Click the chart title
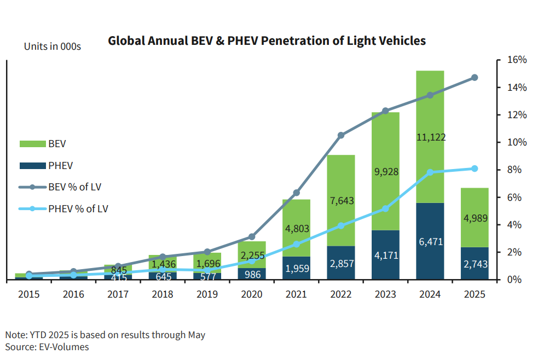pos(267,41)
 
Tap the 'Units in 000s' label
pos(53,47)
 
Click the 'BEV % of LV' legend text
pos(74,187)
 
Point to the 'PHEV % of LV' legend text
pos(78,208)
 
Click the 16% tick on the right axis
pos(517,60)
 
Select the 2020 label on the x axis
pos(252,294)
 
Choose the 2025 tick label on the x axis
pos(474,294)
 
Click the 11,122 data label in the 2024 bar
pos(430,137)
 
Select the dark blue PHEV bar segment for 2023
pos(385,255)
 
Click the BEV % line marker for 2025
pos(475,78)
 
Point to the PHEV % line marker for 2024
pos(430,172)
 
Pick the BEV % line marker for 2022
pos(341,135)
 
